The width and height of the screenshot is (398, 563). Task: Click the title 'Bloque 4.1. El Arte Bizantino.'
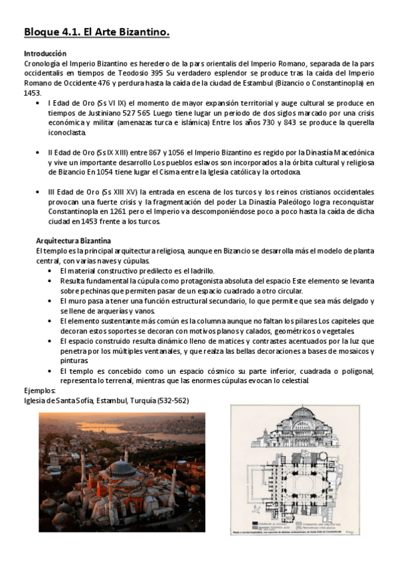96,31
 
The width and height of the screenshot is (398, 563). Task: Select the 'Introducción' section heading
45,53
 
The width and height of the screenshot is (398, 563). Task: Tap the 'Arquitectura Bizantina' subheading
73,240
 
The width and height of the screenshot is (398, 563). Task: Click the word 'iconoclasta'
69,134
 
